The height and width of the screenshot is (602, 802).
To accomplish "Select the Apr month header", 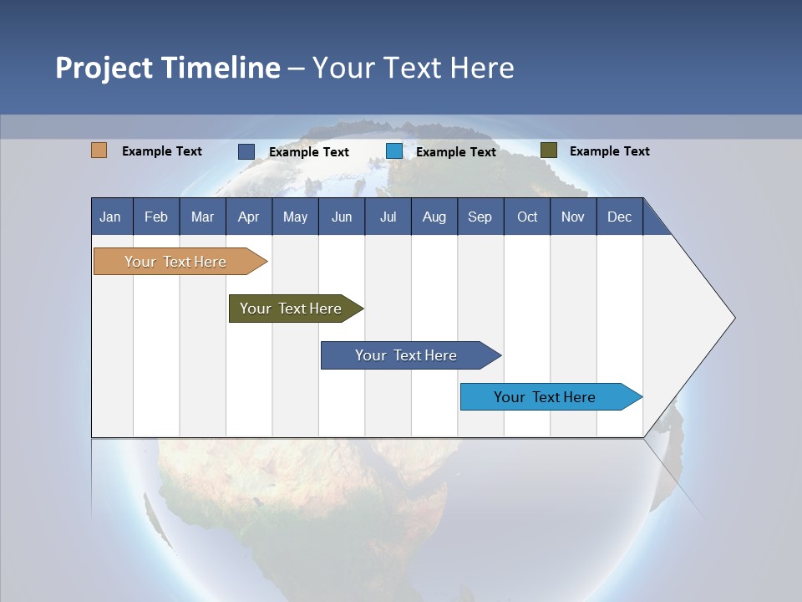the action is [249, 217].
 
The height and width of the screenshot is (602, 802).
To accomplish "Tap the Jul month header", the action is [388, 217].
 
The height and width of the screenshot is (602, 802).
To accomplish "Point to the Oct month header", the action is [527, 217].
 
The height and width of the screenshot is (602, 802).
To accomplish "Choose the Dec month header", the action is [619, 217].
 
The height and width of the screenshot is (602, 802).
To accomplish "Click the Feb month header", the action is [156, 217].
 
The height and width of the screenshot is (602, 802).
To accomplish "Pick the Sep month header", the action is [480, 217].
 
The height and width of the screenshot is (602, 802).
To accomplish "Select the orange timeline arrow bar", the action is [180, 261].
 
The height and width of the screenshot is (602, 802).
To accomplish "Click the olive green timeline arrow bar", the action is [296, 309].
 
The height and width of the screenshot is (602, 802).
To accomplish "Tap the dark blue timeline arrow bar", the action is [411, 355].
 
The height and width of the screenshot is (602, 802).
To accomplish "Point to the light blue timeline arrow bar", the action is [551, 396].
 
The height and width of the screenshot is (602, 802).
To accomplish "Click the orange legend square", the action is [99, 150].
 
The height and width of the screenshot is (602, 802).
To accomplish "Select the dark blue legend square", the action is [246, 151].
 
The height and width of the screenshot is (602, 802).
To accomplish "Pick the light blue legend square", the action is [393, 151].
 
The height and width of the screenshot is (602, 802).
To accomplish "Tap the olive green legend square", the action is [549, 150].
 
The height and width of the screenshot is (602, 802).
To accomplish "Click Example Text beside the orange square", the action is [161, 151].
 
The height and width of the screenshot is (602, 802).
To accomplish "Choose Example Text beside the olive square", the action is [610, 151].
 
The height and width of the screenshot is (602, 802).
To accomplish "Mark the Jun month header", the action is [342, 217].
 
